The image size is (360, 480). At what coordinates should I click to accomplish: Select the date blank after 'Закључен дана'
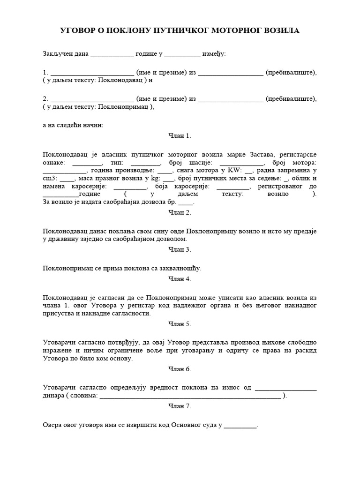tap(112, 55)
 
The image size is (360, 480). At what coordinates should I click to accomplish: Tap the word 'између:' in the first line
tap(214, 54)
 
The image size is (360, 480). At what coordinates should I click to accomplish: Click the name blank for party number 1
tap(92, 73)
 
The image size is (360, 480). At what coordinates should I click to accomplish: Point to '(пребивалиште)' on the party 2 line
tap(291, 99)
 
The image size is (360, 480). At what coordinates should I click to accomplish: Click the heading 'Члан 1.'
tap(180, 136)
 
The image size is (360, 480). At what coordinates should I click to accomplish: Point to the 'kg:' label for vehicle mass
tap(155, 179)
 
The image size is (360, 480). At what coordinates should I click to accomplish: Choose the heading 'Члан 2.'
tap(180, 212)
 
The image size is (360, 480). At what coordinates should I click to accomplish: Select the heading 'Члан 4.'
tap(180, 279)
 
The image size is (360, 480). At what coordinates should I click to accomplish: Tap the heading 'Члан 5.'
tap(180, 324)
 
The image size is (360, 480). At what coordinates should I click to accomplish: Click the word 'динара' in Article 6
tap(53, 396)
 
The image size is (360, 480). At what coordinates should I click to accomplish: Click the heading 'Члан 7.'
tap(180, 406)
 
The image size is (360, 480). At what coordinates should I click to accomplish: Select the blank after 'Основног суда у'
tap(240, 426)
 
